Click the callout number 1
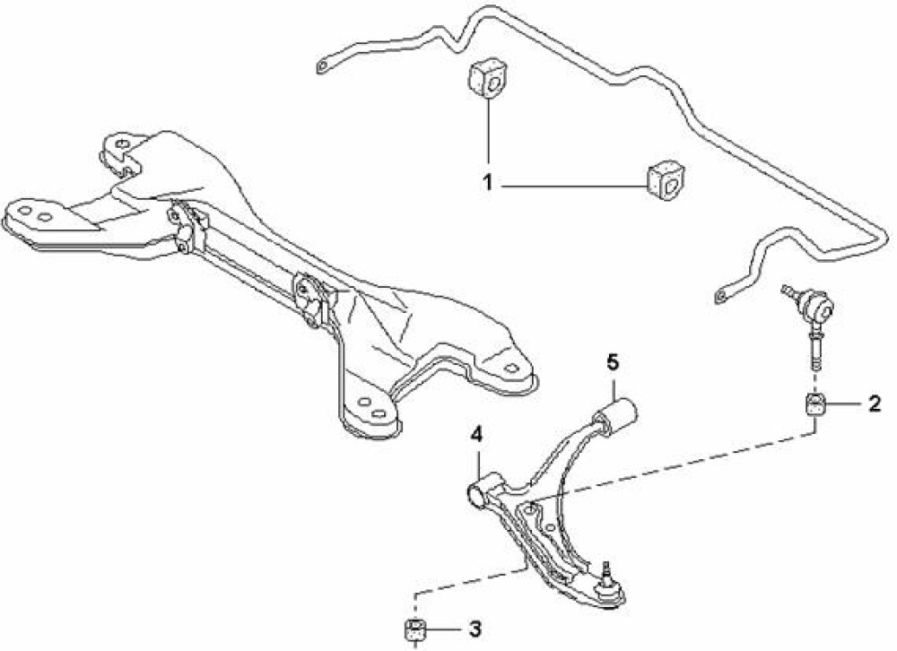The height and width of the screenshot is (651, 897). (x=487, y=184)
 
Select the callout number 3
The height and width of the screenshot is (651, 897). (x=475, y=629)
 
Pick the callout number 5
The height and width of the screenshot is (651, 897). (x=613, y=362)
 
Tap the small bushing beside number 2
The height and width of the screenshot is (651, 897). (x=815, y=406)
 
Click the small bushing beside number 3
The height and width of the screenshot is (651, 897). (x=414, y=630)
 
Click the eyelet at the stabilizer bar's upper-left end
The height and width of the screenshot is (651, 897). (x=323, y=66)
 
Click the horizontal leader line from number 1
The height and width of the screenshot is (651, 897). (x=572, y=186)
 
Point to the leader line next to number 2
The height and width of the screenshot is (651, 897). (x=843, y=405)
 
